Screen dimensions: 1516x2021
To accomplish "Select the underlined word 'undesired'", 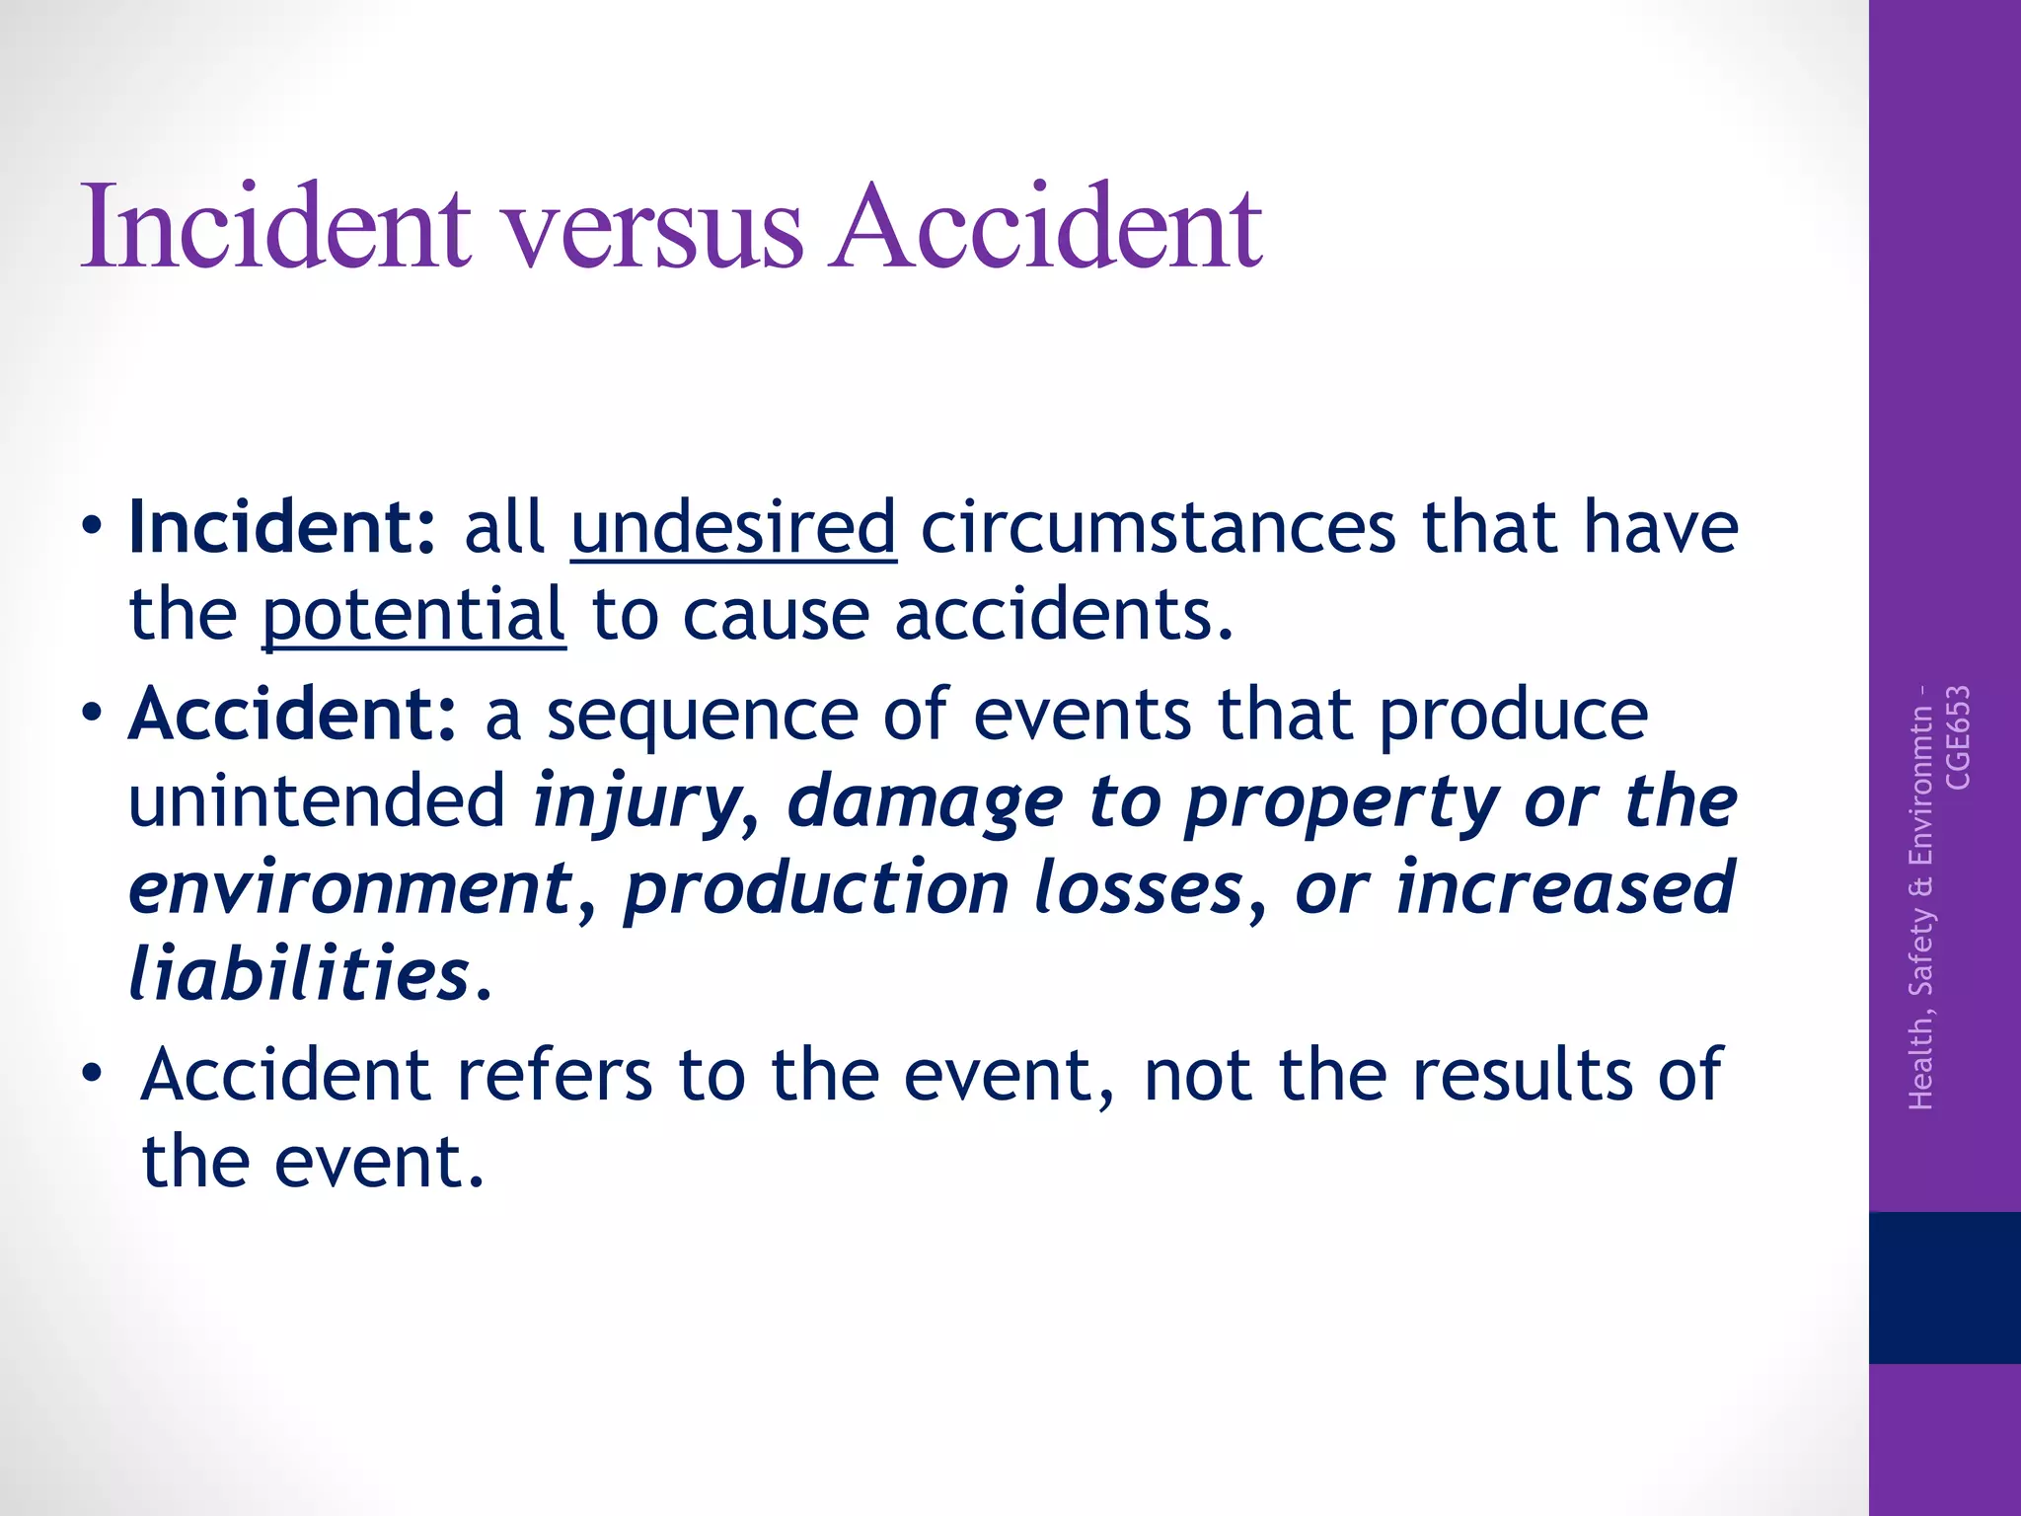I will click(733, 527).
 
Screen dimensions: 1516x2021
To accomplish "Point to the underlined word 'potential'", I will click(413, 614).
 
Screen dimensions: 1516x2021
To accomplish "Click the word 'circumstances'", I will click(1159, 527).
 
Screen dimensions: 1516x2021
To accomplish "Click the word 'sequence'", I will click(702, 714).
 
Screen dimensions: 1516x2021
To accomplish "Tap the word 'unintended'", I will click(317, 800).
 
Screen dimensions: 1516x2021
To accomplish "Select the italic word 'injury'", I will click(637, 800).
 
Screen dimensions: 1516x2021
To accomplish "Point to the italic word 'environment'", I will click(351, 887).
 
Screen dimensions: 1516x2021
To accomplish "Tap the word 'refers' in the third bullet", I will click(553, 1074).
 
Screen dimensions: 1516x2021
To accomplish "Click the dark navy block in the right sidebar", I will click(1944, 1287).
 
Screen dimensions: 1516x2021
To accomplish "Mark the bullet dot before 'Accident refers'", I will click(92, 1072).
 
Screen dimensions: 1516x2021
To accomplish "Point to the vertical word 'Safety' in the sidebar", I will click(1921, 950).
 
